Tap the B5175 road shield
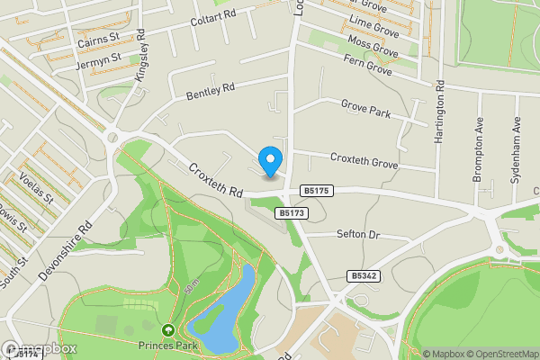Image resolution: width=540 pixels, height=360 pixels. [318, 191]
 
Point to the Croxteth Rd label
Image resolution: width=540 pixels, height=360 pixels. [217, 180]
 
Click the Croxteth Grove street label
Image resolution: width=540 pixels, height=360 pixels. [364, 161]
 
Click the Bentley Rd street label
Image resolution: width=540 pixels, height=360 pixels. [210, 89]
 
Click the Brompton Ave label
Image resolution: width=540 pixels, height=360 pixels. [478, 149]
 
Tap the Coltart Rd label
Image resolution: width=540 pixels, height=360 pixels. [212, 15]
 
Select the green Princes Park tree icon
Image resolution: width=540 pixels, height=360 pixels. [167, 330]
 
